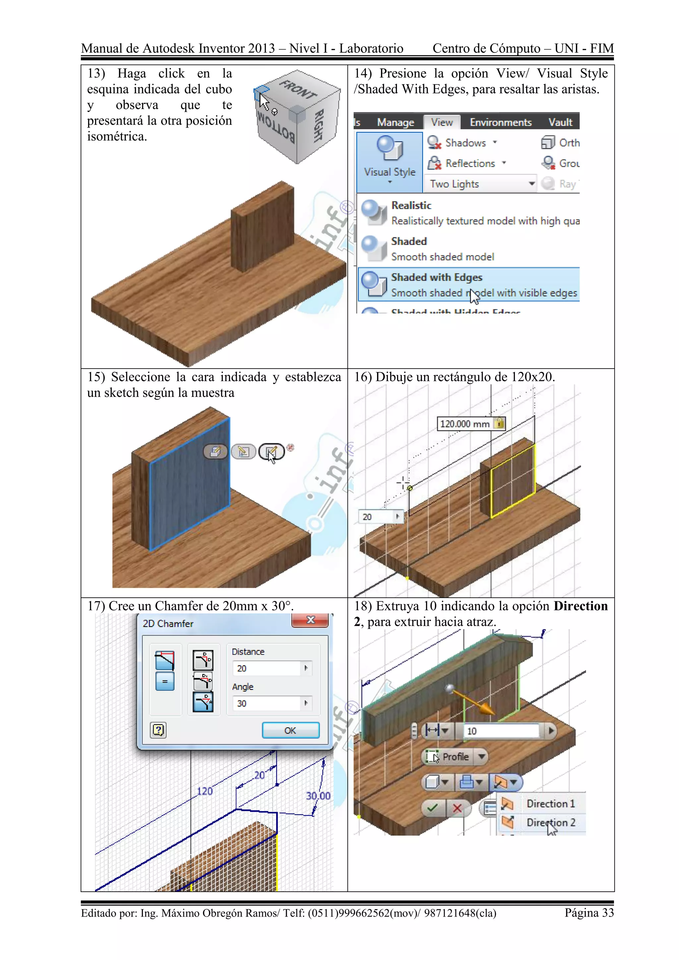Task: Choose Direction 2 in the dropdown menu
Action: [x=550, y=822]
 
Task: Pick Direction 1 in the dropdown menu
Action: [x=550, y=803]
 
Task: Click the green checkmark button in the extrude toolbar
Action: [x=433, y=808]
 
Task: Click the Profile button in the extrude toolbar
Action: [x=449, y=757]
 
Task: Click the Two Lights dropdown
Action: [x=481, y=184]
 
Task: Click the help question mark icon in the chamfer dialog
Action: [x=158, y=730]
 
